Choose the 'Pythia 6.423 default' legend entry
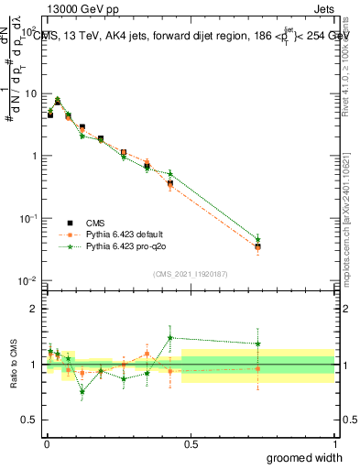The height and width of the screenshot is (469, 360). tap(124, 234)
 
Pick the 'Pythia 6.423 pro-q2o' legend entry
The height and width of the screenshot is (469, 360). tap(125, 246)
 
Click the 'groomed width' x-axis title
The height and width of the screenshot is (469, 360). tap(305, 457)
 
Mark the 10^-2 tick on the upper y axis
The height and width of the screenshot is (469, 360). tap(27, 280)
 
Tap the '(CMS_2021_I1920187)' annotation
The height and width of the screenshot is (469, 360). tap(190, 272)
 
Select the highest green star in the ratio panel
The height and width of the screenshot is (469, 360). tap(170, 338)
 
